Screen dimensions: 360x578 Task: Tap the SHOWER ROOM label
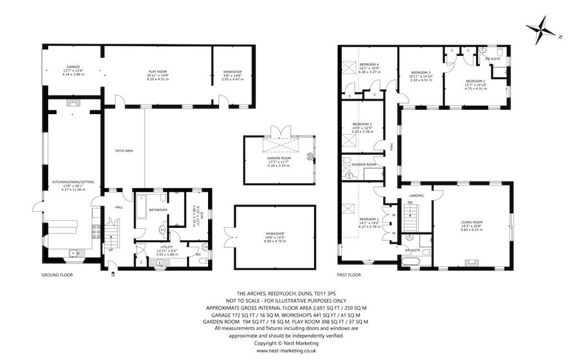point(363,164)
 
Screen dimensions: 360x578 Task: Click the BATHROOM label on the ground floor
point(158,210)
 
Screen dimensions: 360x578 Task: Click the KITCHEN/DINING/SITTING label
point(73,183)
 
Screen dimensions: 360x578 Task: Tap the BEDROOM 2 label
point(475,81)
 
